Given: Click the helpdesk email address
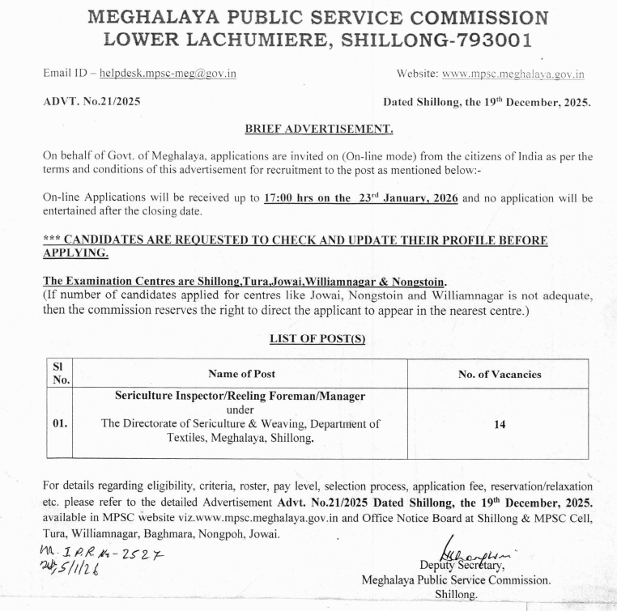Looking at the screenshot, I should [168, 74].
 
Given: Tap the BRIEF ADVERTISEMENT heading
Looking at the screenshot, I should [318, 129].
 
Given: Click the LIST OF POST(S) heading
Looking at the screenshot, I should [317, 339].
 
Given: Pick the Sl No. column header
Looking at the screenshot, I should [61, 373].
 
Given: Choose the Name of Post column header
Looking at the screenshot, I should [241, 374].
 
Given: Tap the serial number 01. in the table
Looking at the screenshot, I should [61, 423].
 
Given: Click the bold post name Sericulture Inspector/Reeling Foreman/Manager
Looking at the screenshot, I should [240, 396].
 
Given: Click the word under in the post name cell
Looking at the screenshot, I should [240, 409].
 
